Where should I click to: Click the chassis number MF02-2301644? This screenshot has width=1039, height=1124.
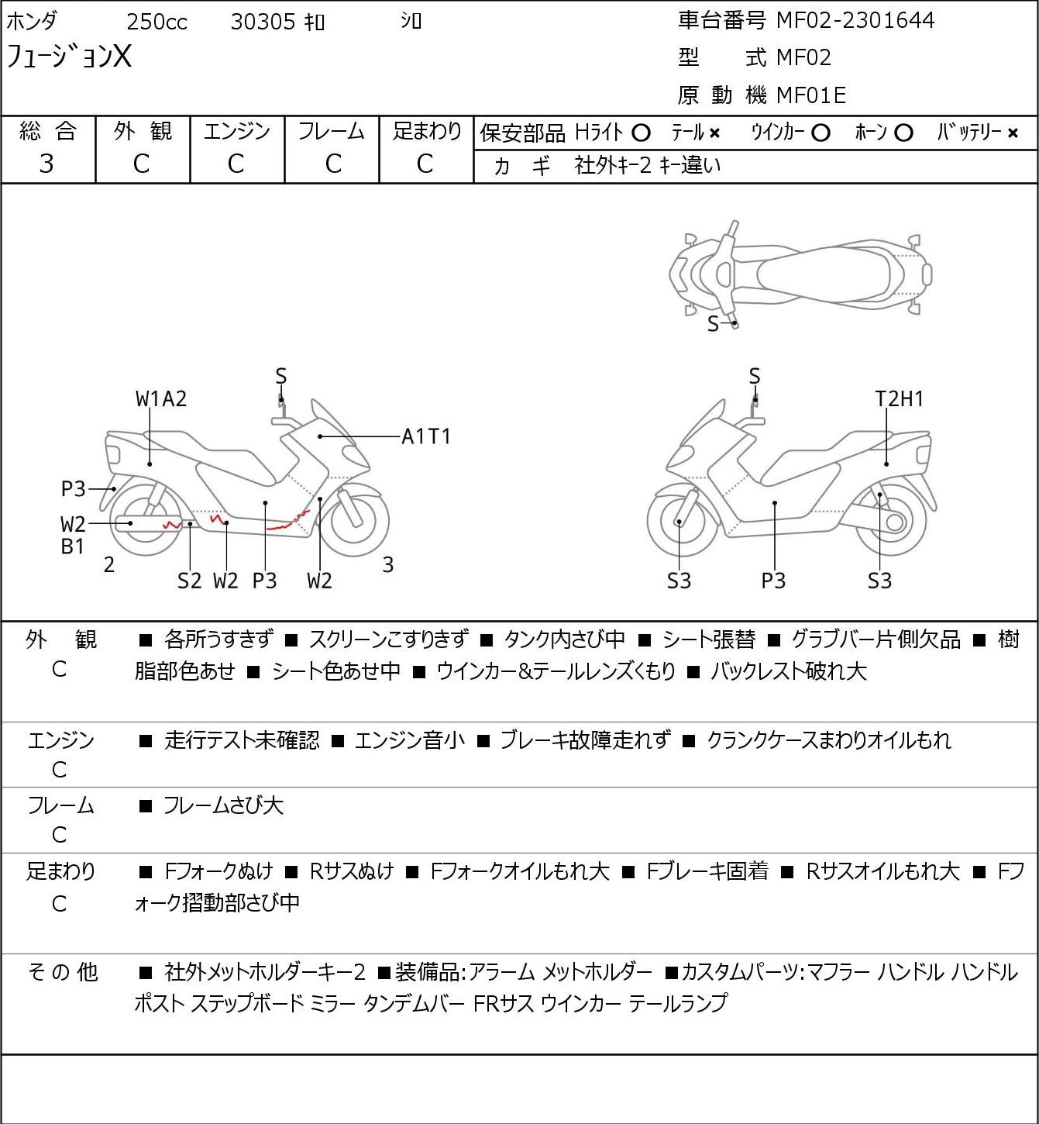click(x=855, y=21)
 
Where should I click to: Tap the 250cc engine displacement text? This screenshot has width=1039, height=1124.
click(x=157, y=22)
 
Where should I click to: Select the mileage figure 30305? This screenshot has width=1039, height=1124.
click(x=263, y=22)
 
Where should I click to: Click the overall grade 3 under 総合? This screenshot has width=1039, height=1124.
click(x=46, y=164)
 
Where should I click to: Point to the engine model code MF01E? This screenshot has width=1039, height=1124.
click(x=811, y=95)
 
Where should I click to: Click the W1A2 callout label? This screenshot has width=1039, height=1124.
click(x=160, y=399)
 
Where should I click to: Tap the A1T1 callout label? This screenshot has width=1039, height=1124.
click(x=426, y=436)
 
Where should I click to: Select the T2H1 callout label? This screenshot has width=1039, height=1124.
click(x=900, y=399)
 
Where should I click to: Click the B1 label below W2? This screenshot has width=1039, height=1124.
click(x=72, y=546)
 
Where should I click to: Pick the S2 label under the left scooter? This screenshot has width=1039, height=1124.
click(x=189, y=581)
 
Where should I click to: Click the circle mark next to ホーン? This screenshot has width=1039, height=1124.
click(x=903, y=133)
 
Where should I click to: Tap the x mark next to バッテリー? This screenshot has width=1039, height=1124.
click(x=1013, y=133)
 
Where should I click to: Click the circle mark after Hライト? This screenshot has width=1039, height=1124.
click(x=641, y=133)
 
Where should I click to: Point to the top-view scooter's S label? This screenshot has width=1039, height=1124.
click(x=713, y=324)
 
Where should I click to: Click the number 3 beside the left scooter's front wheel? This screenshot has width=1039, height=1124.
click(x=387, y=564)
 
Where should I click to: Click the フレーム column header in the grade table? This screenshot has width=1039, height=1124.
click(x=331, y=131)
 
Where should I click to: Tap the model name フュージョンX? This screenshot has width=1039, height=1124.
click(x=68, y=57)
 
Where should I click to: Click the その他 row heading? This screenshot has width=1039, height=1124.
click(x=62, y=971)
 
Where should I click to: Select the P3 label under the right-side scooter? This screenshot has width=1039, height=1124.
click(x=773, y=581)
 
